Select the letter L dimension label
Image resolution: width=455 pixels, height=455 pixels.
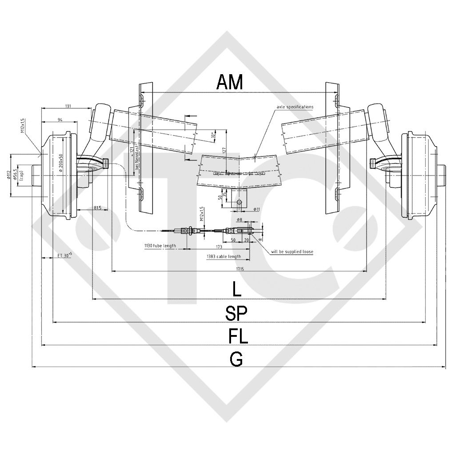click(x=237, y=290)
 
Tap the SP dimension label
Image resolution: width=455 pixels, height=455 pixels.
click(x=236, y=313)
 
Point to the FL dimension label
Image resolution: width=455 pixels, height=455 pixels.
click(x=238, y=336)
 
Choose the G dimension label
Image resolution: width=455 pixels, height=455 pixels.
click(x=236, y=359)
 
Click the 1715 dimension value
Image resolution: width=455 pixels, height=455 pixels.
click(x=239, y=268)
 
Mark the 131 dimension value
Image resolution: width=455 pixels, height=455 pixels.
click(x=68, y=106)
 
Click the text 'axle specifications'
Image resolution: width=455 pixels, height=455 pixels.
click(x=295, y=107)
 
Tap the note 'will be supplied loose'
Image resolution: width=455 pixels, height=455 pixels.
click(x=292, y=252)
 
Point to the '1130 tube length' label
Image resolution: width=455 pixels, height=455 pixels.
click(x=160, y=246)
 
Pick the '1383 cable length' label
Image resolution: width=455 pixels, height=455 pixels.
click(x=224, y=256)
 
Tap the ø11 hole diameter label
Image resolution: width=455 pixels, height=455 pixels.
click(x=256, y=209)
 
